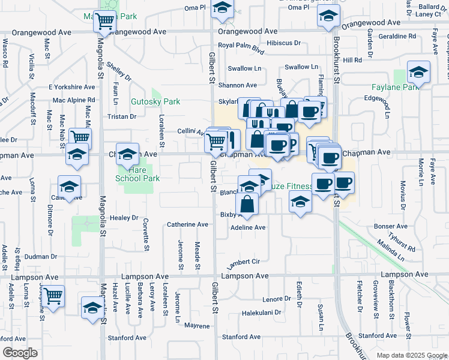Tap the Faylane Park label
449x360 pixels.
418,88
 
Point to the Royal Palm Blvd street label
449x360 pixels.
241,46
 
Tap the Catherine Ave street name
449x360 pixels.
187,224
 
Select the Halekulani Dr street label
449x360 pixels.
261,313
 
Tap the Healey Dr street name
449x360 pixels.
124,218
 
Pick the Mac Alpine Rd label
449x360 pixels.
74,100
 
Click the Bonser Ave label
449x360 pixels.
390,226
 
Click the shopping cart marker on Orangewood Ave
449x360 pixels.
105,22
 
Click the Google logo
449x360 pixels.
20,353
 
